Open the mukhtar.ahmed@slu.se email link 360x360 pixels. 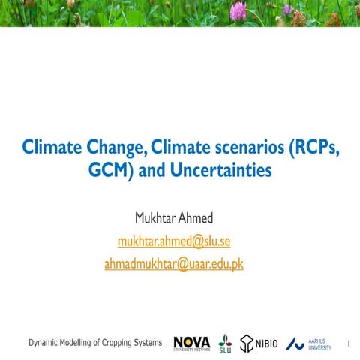tap(179, 241)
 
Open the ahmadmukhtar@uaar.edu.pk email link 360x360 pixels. tap(179, 264)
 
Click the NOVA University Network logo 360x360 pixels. tap(191, 343)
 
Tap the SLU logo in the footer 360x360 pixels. tap(225, 343)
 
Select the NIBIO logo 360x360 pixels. tap(259, 343)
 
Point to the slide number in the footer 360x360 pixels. tap(349, 344)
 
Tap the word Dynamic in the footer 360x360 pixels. tap(43, 343)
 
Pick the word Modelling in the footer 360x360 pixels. tap(77, 343)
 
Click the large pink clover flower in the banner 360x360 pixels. tap(238, 10)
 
